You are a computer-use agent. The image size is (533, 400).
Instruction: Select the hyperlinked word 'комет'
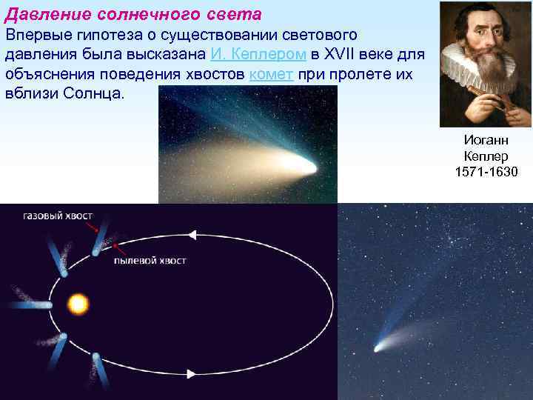273,75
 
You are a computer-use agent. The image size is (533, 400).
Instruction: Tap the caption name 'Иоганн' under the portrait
486,140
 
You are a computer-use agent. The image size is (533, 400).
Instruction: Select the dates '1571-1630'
486,172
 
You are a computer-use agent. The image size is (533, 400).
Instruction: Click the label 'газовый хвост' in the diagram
58,216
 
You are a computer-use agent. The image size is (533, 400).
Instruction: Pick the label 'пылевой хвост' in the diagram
150,261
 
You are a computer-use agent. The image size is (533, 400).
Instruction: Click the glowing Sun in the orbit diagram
78,304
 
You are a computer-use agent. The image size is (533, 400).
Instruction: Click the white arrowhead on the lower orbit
191,374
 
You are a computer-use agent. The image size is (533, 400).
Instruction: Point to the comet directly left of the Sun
44,304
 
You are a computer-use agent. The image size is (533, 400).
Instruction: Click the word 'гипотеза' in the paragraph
111,35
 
